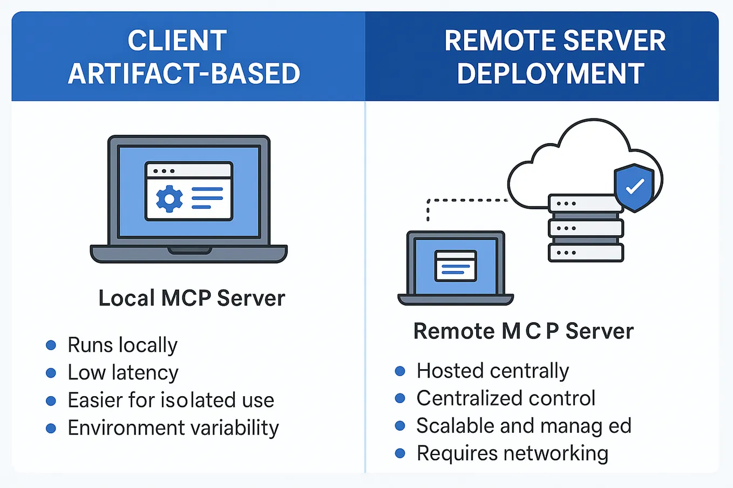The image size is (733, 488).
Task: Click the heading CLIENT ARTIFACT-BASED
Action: pos(184,57)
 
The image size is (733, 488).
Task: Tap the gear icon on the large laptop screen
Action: pos(169,199)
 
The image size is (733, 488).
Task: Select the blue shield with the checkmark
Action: pos(634,187)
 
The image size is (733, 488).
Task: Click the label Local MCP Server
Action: pos(192,298)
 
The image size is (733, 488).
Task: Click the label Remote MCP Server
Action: pos(523,331)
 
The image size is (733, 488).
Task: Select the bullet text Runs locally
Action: pos(123,345)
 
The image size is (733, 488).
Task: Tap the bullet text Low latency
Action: pos(123,373)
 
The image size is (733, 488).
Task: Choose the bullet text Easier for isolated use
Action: pos(171,400)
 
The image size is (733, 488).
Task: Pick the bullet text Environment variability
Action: pos(173,428)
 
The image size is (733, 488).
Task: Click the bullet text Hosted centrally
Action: pos(492,371)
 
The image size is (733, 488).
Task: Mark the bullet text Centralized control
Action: pos(506,398)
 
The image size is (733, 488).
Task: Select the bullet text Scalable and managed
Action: pos(524,426)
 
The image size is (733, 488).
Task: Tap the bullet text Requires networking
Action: pos(512,453)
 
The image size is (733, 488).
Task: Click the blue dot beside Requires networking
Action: pos(400,453)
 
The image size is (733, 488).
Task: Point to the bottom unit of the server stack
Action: pos(586,252)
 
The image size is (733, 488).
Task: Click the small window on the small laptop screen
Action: pos(456,266)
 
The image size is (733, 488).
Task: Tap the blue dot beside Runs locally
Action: pos(51,345)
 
